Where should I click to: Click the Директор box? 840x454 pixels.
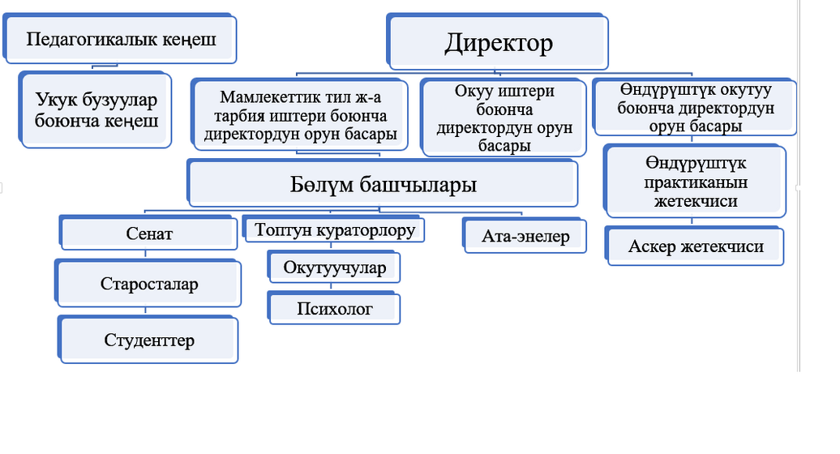497,42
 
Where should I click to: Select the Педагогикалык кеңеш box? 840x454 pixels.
120,39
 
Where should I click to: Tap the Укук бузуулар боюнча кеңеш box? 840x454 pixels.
96,109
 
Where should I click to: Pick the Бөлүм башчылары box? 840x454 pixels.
383,184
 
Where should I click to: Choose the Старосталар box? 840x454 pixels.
148,283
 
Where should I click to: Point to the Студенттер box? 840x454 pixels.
148,340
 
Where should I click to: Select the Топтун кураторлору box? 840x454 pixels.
334,229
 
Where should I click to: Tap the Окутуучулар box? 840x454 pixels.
334,267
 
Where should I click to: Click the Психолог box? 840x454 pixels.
334,308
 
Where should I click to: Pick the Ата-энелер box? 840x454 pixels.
525,236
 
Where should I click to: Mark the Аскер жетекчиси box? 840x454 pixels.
695,246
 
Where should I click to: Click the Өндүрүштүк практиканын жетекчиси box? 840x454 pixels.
695,182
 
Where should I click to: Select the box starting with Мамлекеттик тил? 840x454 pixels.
300,115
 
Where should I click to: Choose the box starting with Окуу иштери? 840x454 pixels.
504,118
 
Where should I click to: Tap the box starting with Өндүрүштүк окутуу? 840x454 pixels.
695,107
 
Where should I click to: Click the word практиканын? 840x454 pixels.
696,182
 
